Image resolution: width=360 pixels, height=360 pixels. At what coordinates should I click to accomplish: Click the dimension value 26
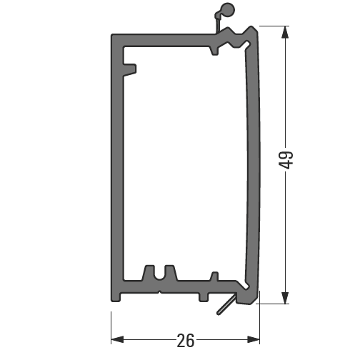(185, 341)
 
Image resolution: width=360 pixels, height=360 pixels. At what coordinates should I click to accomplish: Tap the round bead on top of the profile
(227, 10)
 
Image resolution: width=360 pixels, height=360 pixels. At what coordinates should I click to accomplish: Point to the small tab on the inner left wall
(131, 69)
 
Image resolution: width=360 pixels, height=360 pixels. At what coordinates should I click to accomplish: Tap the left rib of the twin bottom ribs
(149, 272)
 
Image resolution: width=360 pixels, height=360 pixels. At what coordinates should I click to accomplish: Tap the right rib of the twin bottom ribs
(169, 272)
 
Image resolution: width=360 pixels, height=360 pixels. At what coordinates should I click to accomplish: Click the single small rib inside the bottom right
(212, 276)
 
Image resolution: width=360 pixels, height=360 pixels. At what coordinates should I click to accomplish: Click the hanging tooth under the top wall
(214, 51)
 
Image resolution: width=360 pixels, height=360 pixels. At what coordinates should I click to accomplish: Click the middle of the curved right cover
(254, 164)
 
